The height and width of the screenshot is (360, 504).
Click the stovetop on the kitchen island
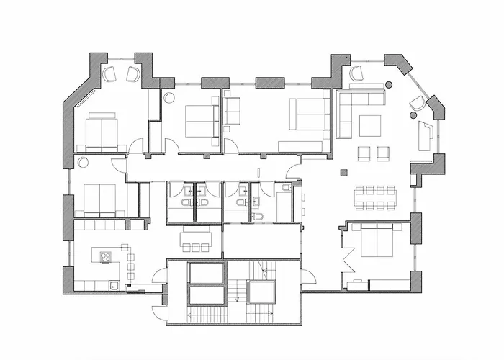pyautogui.click(x=105, y=256)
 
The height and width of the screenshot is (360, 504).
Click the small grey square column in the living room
pyautogui.click(x=344, y=171)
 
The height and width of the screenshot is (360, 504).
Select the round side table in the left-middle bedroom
pyautogui.click(x=83, y=163)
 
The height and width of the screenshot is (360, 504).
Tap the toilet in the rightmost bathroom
pyautogui.click(x=286, y=188)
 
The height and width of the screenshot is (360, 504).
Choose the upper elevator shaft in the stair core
pyautogui.click(x=207, y=274)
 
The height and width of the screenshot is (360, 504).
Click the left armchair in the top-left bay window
pyautogui.click(x=110, y=73)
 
